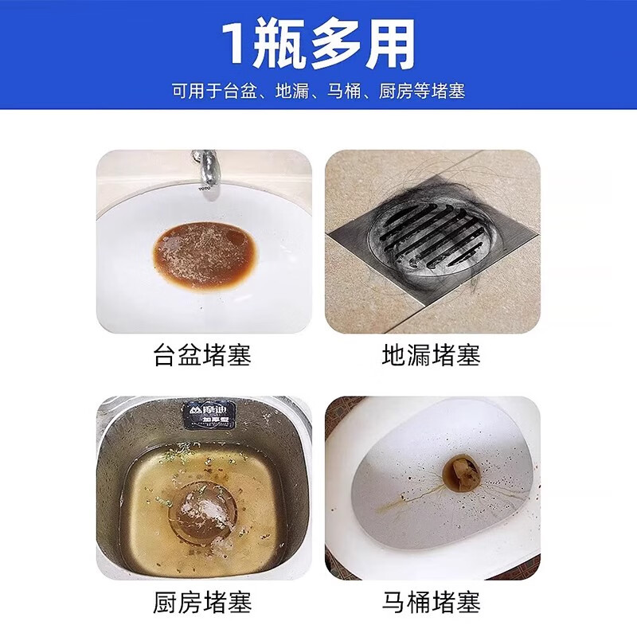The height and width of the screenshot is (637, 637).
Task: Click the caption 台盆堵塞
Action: (202, 354)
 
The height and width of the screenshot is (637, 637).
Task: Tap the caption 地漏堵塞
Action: (432, 354)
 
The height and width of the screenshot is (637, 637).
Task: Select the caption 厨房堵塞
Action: (202, 602)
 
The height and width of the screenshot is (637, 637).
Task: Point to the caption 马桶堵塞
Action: (432, 602)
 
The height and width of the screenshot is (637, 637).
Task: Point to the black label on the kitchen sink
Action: (209, 414)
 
